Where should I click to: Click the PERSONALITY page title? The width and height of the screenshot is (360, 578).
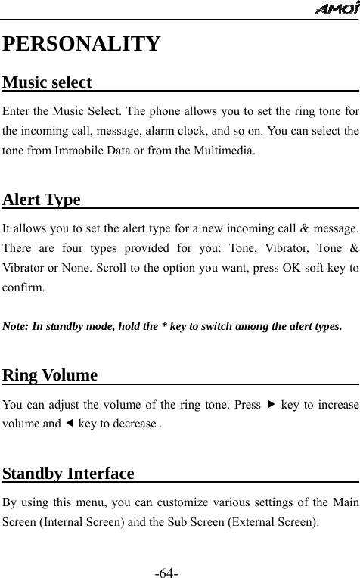[x=82, y=43]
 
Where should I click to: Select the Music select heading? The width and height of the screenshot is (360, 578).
[x=48, y=82]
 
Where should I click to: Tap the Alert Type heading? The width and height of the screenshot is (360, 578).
[x=42, y=200]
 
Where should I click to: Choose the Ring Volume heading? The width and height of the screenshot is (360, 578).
[x=51, y=375]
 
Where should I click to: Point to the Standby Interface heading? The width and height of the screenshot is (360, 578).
[x=69, y=474]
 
